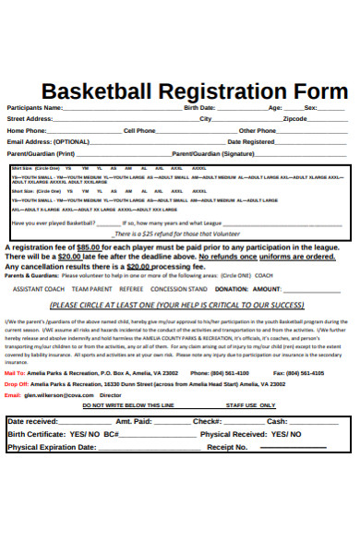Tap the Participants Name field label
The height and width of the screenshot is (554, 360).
(x=35, y=108)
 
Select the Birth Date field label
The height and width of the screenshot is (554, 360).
(x=201, y=108)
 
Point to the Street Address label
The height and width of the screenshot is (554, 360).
(x=30, y=119)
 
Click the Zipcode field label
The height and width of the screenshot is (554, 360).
(x=295, y=119)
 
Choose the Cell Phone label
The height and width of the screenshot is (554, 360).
(x=139, y=131)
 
